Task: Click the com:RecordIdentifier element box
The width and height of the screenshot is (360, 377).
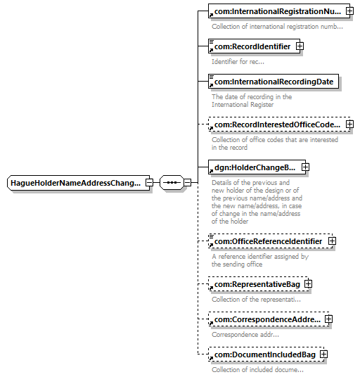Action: coord(254,46)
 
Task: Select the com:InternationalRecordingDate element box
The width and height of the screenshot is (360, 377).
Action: coord(274,82)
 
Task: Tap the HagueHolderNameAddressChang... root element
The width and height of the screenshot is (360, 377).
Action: coord(79,183)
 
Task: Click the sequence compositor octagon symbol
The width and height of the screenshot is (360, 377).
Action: coord(172,182)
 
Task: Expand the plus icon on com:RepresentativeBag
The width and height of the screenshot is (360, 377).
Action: coord(308,284)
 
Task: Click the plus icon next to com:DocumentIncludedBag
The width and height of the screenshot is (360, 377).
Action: coord(323,354)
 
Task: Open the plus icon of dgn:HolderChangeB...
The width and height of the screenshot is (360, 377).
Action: coord(305,167)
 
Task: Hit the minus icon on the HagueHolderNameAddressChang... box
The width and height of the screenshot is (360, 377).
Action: coord(150,183)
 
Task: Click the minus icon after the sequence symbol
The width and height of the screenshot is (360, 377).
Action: coord(188,183)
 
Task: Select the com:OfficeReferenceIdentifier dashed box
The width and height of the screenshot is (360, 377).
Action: coord(271,241)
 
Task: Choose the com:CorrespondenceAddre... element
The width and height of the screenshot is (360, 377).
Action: coord(269,319)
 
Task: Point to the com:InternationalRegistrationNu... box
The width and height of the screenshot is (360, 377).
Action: coord(279,11)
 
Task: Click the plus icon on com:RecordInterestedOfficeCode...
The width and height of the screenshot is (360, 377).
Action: coord(349,124)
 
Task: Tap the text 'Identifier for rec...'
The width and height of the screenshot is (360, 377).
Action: coord(238,62)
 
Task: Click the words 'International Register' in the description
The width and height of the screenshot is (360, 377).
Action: coord(243,105)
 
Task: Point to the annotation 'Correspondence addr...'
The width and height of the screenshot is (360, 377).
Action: coord(245,334)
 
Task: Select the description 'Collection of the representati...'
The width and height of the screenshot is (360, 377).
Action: coord(256,300)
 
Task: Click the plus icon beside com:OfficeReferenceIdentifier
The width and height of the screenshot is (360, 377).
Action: coord(332,241)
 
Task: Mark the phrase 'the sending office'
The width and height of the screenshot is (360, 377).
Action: coord(237,264)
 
